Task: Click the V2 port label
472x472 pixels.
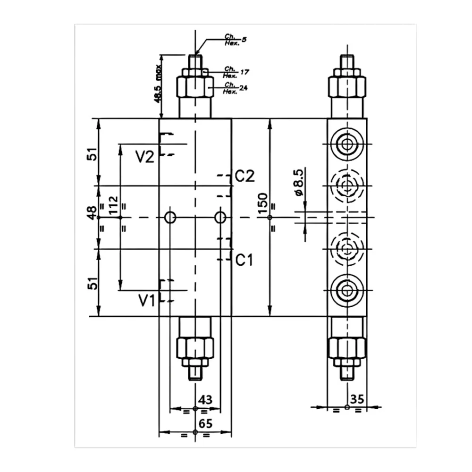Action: [145, 157]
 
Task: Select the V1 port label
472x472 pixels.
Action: [147, 300]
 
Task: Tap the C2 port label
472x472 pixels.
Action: [245, 177]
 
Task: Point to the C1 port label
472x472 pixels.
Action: [244, 260]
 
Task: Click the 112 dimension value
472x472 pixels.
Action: [113, 206]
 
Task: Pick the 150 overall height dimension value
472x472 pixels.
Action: [263, 203]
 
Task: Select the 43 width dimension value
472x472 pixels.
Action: [205, 400]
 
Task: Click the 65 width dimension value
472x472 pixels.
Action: [205, 423]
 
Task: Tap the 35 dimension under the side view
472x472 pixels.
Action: [358, 400]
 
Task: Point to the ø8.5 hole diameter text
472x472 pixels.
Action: [298, 184]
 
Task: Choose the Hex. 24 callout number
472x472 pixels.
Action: [243, 87]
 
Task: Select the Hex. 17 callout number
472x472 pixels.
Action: [244, 72]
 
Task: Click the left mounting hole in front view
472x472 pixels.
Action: [170, 217]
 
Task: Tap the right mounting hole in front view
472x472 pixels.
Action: [220, 217]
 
